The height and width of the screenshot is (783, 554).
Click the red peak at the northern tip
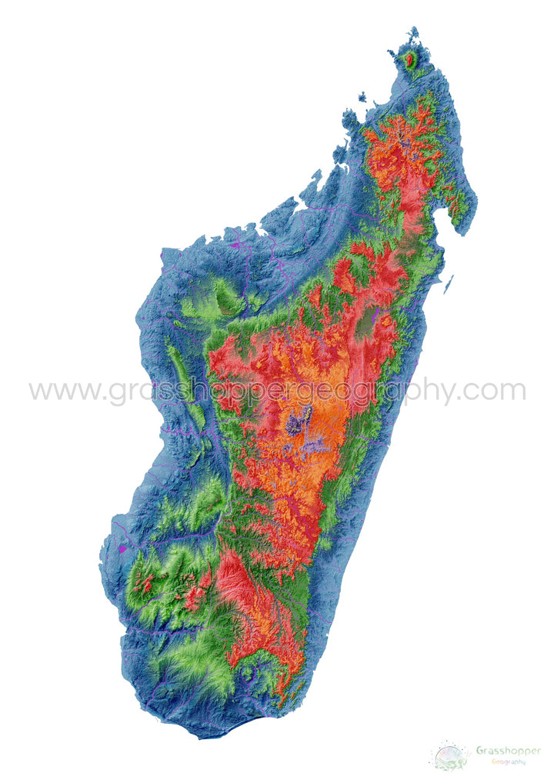[x=411, y=59]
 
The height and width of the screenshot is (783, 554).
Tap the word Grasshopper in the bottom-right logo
[x=508, y=750]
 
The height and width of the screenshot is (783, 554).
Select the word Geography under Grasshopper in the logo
[x=509, y=761]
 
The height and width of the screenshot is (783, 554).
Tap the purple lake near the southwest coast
[x=122, y=549]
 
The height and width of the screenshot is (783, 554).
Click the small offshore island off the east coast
[x=448, y=285]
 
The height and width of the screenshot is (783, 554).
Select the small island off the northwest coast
[x=362, y=97]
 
